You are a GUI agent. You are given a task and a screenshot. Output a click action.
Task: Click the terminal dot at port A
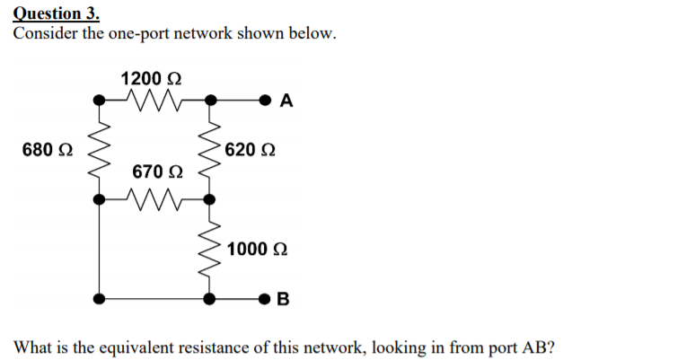pyautogui.click(x=266, y=97)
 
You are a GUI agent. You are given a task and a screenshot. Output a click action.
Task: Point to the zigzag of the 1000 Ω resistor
pyautogui.click(x=209, y=248)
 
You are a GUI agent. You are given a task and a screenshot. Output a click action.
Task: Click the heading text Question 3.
pyautogui.click(x=57, y=13)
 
